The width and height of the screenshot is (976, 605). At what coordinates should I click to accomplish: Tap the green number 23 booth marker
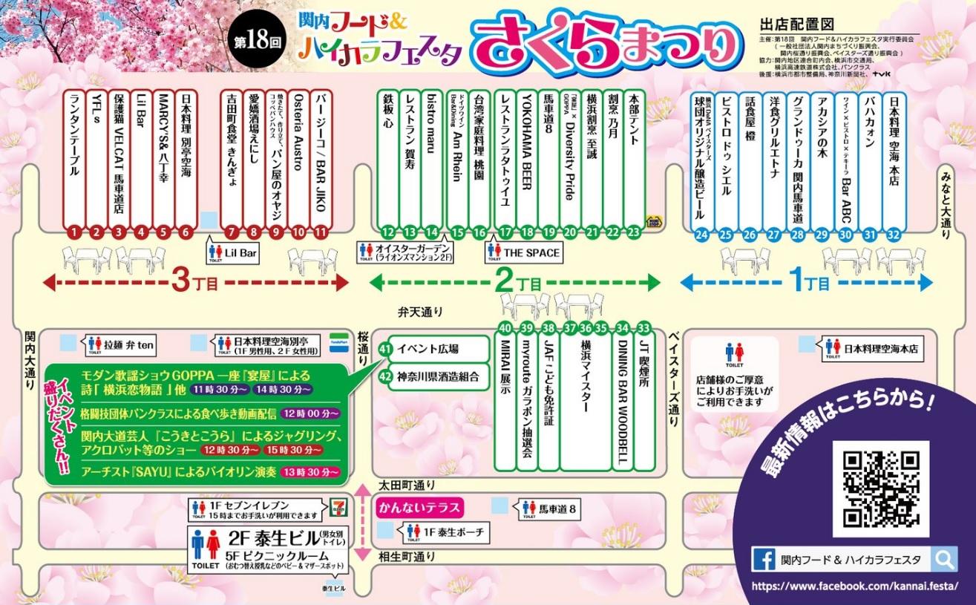point(633,232)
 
